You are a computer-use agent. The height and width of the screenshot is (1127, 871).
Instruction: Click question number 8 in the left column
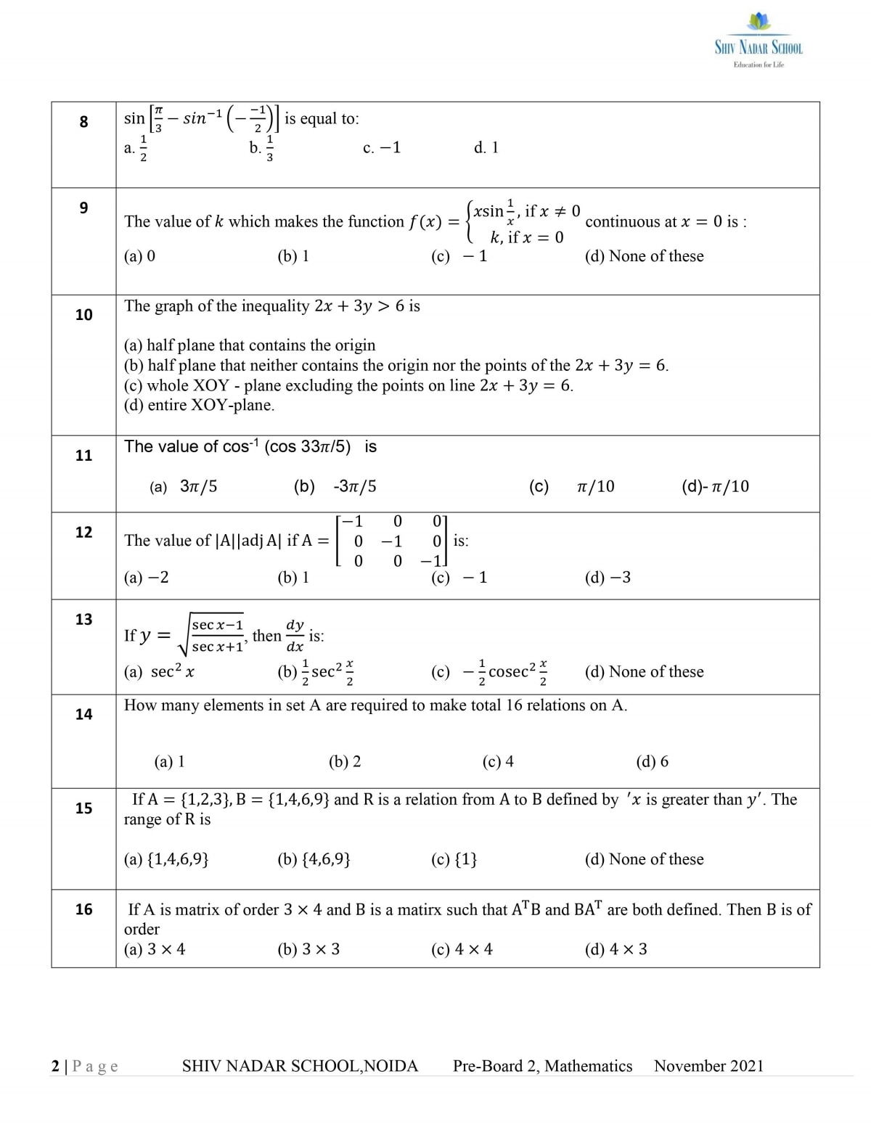(x=83, y=122)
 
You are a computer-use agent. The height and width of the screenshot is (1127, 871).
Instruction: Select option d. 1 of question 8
(x=486, y=148)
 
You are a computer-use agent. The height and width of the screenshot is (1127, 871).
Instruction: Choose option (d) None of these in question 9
(x=644, y=256)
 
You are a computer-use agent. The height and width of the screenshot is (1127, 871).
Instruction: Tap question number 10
(x=83, y=315)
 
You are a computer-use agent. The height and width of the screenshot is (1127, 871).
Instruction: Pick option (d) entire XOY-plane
(x=200, y=405)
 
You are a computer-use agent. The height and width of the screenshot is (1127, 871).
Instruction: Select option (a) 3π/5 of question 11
(x=184, y=487)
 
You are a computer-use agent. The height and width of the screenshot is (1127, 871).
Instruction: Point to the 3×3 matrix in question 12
(x=392, y=541)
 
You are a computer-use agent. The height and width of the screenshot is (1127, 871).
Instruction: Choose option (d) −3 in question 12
(x=608, y=578)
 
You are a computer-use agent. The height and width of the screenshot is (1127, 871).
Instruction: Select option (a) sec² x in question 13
(x=160, y=672)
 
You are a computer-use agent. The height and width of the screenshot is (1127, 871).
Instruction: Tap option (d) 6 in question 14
(x=652, y=761)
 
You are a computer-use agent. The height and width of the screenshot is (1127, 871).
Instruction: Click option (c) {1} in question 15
(x=454, y=859)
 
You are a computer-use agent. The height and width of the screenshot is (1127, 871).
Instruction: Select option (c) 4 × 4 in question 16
(x=462, y=949)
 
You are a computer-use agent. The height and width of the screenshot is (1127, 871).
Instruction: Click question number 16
(x=83, y=909)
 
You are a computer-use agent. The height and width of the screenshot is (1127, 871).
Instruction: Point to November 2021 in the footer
(x=708, y=1066)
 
